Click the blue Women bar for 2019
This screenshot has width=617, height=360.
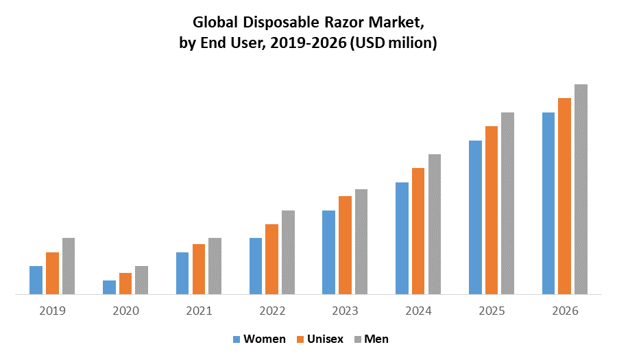pyautogui.click(x=36, y=280)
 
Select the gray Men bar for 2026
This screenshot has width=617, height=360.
pyautogui.click(x=581, y=189)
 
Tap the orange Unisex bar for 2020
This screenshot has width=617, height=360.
pyautogui.click(x=125, y=283)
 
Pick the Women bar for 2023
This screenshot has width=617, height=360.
pyautogui.click(x=328, y=252)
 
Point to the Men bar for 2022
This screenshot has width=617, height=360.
pyautogui.click(x=288, y=252)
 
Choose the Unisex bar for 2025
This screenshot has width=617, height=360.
pyautogui.click(x=492, y=210)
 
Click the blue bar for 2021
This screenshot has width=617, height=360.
pyautogui.click(x=182, y=273)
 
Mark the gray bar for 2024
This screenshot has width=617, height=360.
pyautogui.click(x=434, y=224)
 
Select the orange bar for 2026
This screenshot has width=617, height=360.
pyautogui.click(x=564, y=196)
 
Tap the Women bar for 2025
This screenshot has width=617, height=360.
pyautogui.click(x=475, y=217)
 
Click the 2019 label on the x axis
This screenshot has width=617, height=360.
pyautogui.click(x=52, y=311)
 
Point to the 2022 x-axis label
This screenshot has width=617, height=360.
pyautogui.click(x=272, y=311)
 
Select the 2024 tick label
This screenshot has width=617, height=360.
pyautogui.click(x=419, y=311)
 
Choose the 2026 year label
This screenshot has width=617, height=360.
pyautogui.click(x=566, y=311)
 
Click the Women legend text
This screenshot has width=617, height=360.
pyautogui.click(x=265, y=339)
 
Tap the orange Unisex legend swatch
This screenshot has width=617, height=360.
pyautogui.click(x=300, y=339)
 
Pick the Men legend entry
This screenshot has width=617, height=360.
pyautogui.click(x=376, y=339)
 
